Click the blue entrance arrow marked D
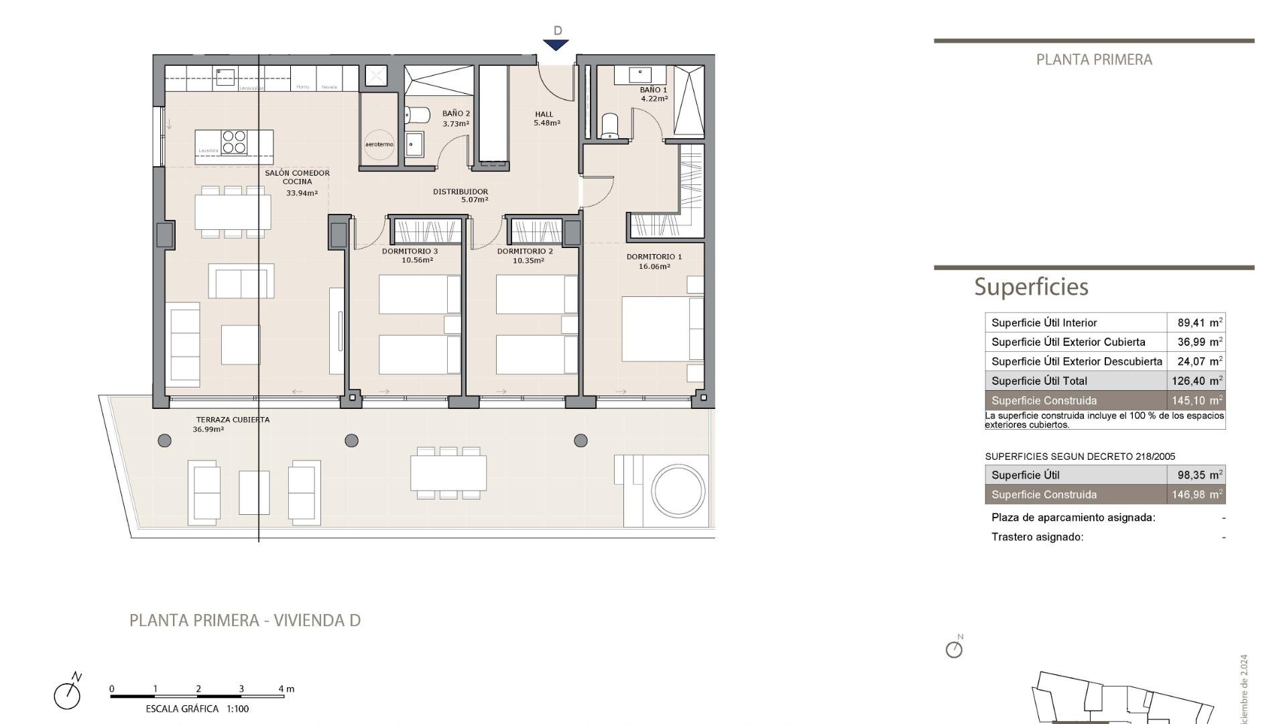[556, 45]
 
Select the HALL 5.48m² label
[546, 119]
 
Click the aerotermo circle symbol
[379, 144]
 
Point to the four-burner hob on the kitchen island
[234, 143]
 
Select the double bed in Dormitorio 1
[662, 329]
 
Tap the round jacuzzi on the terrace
[678, 491]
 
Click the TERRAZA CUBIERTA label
[233, 420]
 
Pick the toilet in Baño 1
[609, 125]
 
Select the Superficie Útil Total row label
[1039, 381]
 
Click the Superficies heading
[1031, 287]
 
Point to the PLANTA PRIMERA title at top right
[1094, 60]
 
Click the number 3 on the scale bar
[241, 688]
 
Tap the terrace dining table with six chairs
[448, 473]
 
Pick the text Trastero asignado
[1037, 537]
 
